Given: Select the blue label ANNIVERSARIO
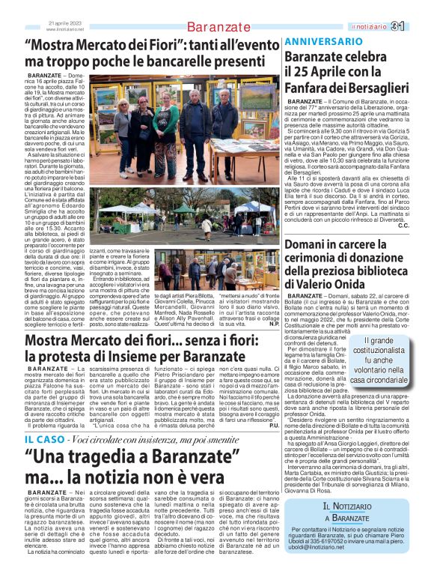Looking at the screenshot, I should [x=318, y=40].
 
